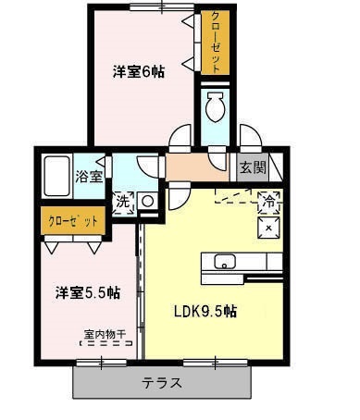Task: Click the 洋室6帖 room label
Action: (138, 72)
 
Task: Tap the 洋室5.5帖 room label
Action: (88, 293)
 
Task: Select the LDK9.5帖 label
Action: (205, 312)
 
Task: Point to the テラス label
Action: (162, 383)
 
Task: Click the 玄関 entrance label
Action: (253, 168)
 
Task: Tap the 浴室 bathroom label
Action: (89, 177)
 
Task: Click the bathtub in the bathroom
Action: (56, 176)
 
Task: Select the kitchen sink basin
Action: (225, 262)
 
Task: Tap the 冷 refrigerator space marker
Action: (269, 203)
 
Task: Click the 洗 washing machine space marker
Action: (123, 203)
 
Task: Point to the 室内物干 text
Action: (105, 334)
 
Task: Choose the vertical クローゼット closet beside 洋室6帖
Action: (216, 43)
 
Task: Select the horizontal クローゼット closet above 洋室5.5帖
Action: (73, 221)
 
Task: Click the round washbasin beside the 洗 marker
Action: (148, 202)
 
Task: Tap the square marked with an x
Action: (268, 228)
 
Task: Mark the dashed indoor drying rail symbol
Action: (106, 343)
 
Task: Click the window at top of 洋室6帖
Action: (162, 7)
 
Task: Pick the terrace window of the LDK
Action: (216, 363)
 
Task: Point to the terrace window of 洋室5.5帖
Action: (102, 363)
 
